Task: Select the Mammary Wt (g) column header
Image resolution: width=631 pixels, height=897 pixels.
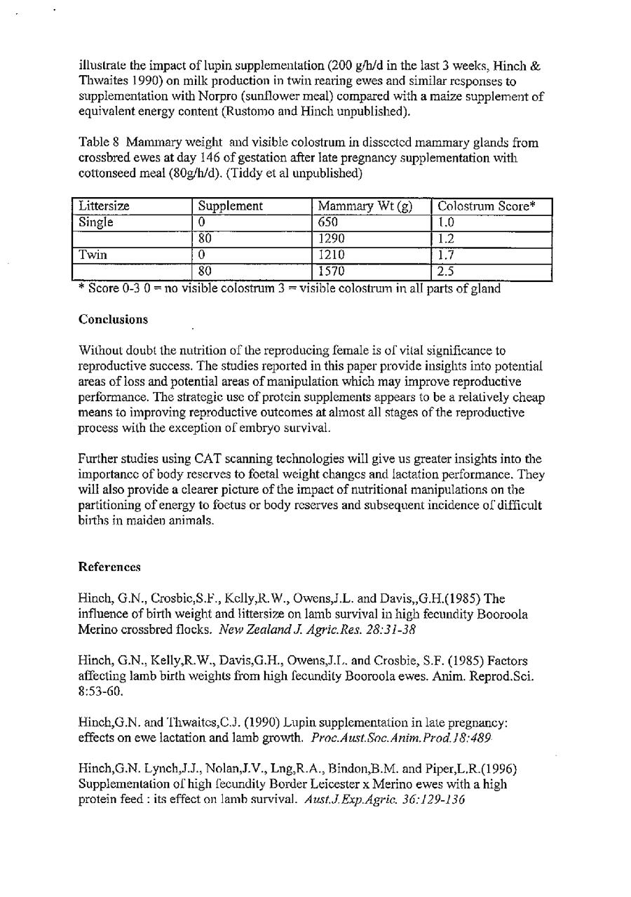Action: click(364, 207)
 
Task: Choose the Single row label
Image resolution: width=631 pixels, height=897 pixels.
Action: click(95, 223)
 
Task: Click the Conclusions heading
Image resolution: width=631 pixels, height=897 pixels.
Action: click(113, 320)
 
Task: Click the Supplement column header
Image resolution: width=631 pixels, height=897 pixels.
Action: click(230, 207)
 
